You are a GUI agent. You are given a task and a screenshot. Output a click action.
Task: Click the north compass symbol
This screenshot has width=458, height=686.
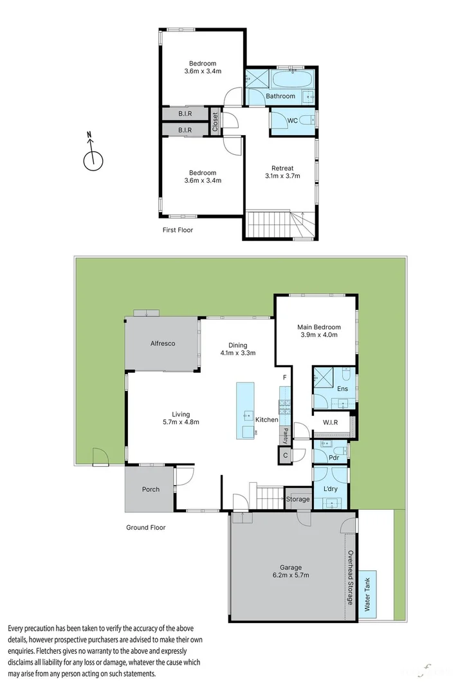point(93,158)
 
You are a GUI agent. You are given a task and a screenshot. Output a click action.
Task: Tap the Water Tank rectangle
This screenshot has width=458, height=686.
point(369,595)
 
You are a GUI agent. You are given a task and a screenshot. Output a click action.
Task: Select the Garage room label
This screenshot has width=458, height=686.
point(291,568)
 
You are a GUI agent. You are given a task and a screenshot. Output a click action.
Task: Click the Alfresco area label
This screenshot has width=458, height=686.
point(163,343)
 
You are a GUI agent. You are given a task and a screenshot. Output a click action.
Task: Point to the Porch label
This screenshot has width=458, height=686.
point(151,489)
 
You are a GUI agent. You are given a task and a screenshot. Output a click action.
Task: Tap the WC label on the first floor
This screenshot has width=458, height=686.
point(292,120)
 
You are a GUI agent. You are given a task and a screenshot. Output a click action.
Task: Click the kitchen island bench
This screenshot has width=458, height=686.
point(245,410)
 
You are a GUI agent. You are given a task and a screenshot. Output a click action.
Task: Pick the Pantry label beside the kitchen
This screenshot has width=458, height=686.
point(284,435)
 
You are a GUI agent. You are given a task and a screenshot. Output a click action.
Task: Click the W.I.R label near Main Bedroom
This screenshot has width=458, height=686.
point(330,422)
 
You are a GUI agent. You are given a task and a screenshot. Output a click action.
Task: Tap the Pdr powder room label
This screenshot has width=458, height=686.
point(333,458)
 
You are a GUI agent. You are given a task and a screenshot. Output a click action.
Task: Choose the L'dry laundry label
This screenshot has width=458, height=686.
point(331,489)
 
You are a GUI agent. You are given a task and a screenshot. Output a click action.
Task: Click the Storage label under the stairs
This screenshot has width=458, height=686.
point(298,499)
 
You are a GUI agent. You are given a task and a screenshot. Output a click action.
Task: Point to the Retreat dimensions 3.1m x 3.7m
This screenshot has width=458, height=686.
point(282,176)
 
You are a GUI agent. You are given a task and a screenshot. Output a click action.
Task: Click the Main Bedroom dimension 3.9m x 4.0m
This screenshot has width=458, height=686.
point(318,334)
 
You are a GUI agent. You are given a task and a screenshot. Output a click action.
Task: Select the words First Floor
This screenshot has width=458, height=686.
point(178,230)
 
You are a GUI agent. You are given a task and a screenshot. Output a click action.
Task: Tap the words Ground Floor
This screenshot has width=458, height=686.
point(145,527)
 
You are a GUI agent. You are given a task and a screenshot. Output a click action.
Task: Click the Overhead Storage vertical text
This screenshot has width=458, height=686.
point(351,578)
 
